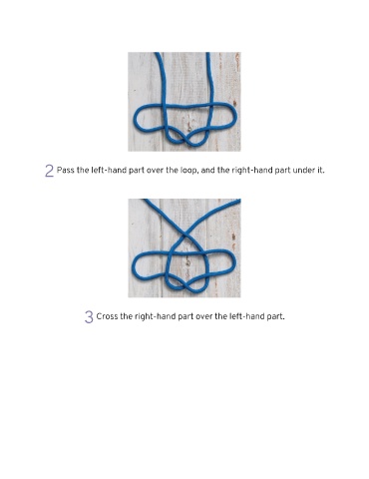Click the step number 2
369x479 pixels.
tap(49, 171)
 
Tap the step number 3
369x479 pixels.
tap(89, 317)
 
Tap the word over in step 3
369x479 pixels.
tap(203, 316)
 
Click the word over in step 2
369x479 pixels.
tap(155, 171)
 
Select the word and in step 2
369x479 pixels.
tap(207, 171)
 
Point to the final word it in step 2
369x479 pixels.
tap(320, 171)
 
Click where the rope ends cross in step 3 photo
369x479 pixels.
tap(184, 237)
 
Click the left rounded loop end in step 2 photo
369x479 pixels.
tap(137, 119)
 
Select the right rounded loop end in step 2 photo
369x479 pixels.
tap(234, 114)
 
